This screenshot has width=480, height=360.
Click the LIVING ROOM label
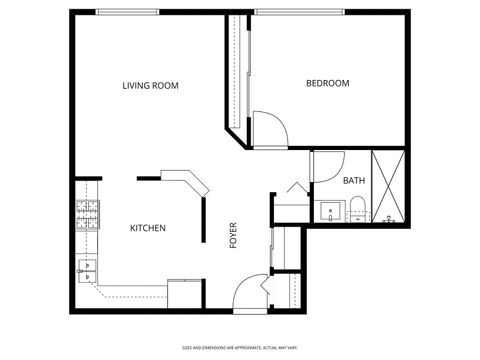point(150,86)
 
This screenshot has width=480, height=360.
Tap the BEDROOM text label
point(327,83)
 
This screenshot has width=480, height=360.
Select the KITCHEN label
point(148,228)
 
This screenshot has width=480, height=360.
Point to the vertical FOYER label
point(233,234)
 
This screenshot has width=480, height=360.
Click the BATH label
point(353,181)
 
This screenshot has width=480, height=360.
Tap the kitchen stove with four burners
point(87,214)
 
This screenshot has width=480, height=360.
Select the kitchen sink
point(86,268)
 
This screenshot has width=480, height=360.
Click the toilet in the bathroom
point(357,209)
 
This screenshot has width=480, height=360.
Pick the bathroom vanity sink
point(329,211)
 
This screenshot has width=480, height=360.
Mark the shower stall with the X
point(389,186)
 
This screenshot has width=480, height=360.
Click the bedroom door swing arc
point(268,128)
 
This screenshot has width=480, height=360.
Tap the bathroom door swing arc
point(327,166)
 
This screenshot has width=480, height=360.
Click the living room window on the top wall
point(127,12)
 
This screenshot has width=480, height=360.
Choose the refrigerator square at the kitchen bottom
point(185,295)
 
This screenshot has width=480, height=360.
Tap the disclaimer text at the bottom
point(240,348)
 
